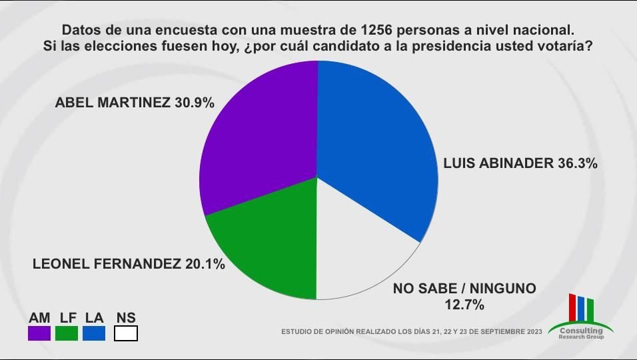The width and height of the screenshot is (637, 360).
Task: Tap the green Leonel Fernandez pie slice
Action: [267, 240]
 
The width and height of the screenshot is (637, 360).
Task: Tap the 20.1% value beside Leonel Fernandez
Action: [205, 264]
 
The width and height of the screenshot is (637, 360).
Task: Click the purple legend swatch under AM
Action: [39, 333]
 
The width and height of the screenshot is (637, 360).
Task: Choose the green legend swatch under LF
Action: [67, 333]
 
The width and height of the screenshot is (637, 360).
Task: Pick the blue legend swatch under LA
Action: [94, 333]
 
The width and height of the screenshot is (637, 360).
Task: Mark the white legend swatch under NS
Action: [126, 333]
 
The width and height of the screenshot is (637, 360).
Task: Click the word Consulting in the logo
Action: [581, 330]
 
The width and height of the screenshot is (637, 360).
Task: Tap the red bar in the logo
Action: [572, 307]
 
